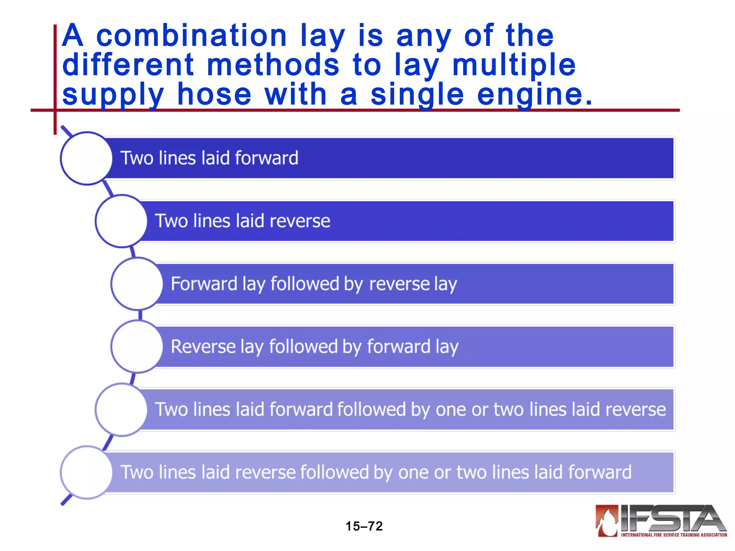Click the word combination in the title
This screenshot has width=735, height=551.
[192, 36]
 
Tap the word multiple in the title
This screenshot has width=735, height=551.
[514, 65]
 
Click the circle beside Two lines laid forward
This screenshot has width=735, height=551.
[86, 158]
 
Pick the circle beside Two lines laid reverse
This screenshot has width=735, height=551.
[121, 221]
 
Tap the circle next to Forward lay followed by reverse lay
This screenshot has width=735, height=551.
[137, 284]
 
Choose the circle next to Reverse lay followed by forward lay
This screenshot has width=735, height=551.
[137, 347]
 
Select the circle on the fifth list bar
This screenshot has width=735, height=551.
[121, 409]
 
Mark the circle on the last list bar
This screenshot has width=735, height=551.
[86, 472]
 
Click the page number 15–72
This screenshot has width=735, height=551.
[364, 526]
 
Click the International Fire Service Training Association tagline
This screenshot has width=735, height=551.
[674, 535]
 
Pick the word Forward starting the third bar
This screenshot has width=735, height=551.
[204, 284]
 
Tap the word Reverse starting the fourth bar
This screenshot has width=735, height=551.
[203, 347]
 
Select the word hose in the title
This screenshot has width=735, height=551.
[214, 95]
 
